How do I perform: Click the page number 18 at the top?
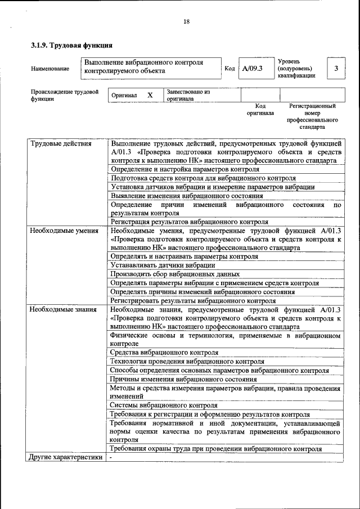(x=186, y=22)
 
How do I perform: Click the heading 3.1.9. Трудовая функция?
(x=71, y=44)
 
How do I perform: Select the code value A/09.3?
(x=253, y=69)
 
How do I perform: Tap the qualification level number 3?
(x=336, y=68)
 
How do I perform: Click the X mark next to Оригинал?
(x=150, y=95)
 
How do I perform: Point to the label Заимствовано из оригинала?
(x=188, y=94)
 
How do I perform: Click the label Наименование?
(x=51, y=69)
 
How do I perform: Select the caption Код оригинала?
(x=260, y=109)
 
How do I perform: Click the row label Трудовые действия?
(x=60, y=143)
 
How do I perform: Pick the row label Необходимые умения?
(x=65, y=231)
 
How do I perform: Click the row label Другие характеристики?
(x=66, y=457)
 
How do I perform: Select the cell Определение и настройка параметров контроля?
(x=184, y=169)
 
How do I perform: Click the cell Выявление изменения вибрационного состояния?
(x=187, y=196)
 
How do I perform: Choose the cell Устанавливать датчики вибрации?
(x=163, y=265)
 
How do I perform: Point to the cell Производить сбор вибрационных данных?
(x=175, y=274)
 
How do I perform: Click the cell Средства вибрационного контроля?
(x=164, y=353)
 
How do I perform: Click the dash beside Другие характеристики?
(x=111, y=457)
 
